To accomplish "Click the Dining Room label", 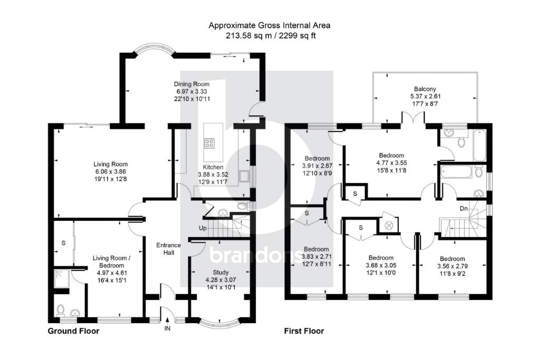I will [x=192, y=84].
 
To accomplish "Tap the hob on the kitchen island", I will [x=209, y=142].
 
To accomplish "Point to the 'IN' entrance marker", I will [x=168, y=328].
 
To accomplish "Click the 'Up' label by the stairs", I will [x=202, y=228].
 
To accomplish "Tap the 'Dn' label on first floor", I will [x=464, y=209].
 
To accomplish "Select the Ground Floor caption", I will [x=73, y=331].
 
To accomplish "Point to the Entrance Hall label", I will [x=169, y=249].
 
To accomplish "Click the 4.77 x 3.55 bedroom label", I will [x=391, y=163].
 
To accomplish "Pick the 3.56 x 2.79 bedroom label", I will [x=452, y=267].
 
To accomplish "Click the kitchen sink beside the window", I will [x=244, y=175].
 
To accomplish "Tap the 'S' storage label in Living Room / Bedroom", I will [x=63, y=243].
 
